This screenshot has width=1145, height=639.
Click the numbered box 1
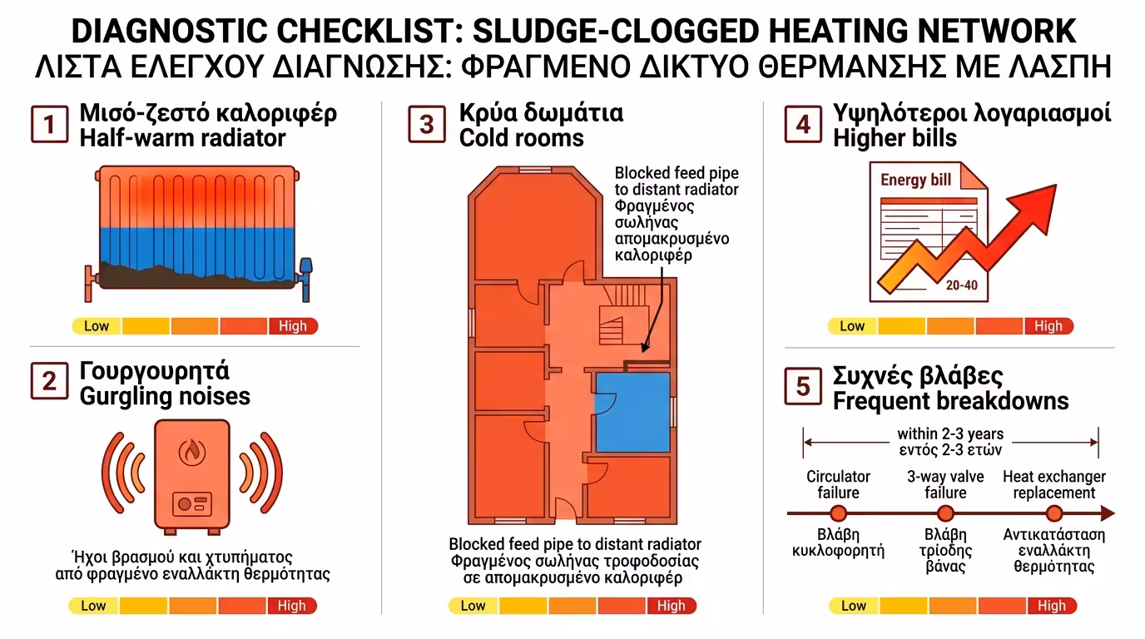49,124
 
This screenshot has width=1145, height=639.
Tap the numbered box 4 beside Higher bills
803,124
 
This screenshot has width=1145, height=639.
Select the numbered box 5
803,386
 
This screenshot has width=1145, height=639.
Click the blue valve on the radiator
305,279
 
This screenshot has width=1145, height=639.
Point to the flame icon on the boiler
192,452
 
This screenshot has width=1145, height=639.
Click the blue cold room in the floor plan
632,412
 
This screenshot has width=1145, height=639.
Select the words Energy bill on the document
915,180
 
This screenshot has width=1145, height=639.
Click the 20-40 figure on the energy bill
961,285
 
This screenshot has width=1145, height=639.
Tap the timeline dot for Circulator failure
838,513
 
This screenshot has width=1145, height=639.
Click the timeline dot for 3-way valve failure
945,513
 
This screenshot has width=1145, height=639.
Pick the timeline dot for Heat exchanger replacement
1054,513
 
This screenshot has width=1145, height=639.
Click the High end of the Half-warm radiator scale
293,326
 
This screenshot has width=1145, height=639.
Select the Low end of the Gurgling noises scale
93,606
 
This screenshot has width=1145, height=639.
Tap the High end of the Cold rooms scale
672,606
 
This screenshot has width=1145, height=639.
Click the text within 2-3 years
950,434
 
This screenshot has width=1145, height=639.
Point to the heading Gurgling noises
165,397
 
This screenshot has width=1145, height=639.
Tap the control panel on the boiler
191,504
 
